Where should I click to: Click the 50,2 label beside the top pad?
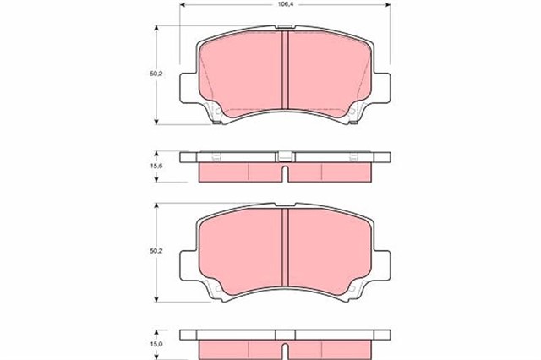click(x=156, y=74)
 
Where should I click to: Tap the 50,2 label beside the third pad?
click(x=156, y=251)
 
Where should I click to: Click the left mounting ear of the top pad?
click(x=189, y=88)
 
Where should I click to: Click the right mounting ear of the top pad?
click(x=381, y=88)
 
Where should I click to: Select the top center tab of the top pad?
click(x=286, y=27)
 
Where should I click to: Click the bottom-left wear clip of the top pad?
click(x=217, y=117)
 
